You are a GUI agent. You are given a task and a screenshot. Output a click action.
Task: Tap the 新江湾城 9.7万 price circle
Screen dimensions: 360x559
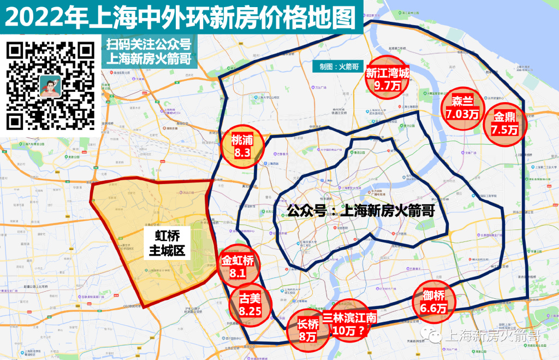[x=387, y=78]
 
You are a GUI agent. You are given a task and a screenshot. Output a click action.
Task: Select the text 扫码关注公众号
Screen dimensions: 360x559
[x=148, y=44]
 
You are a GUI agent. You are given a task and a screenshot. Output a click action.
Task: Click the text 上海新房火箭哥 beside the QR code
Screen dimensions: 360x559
[x=148, y=58]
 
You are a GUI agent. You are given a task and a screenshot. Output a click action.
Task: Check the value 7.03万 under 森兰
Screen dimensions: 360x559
[x=462, y=114]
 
